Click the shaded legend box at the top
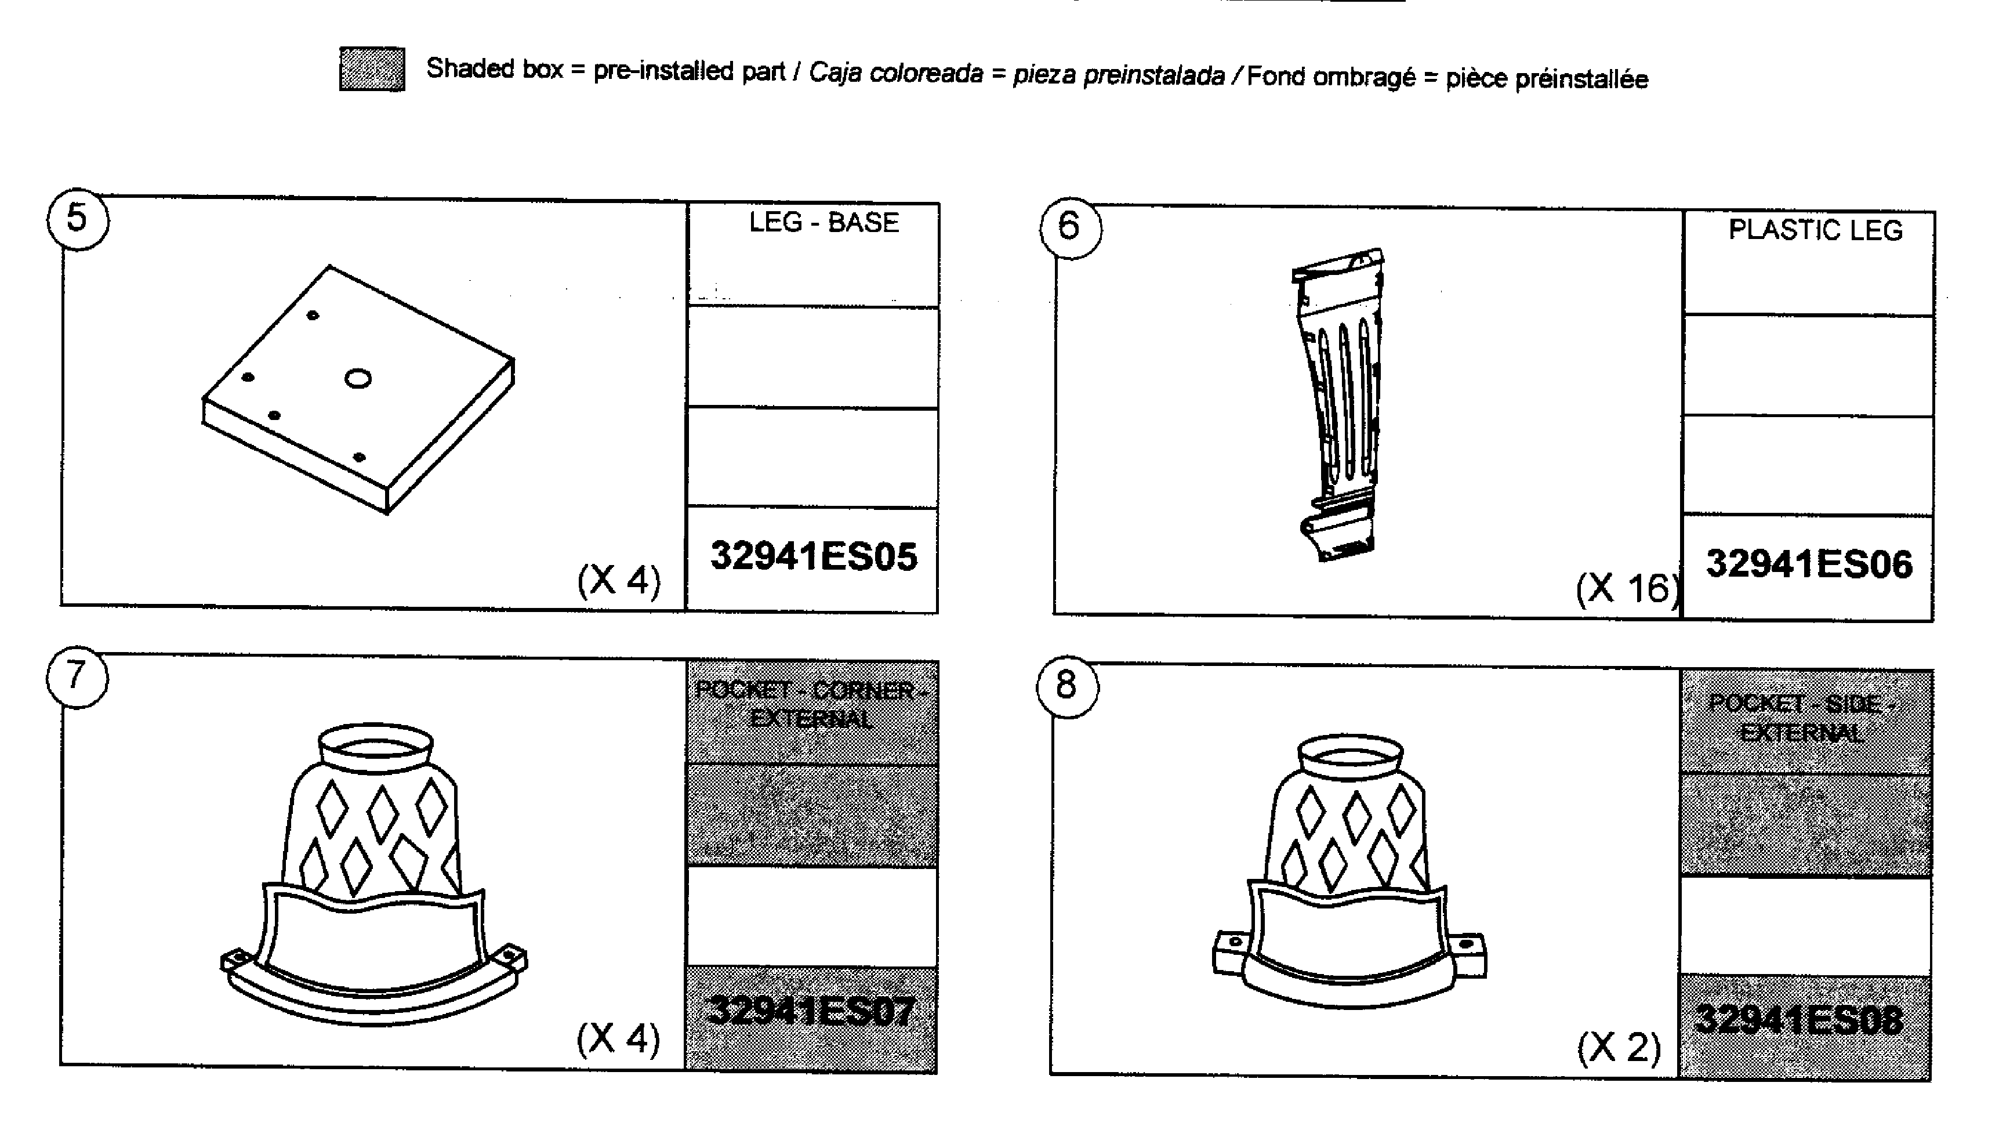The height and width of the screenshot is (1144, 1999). coord(372,69)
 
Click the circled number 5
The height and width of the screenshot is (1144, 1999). coord(77,219)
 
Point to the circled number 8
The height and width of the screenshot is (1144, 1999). coord(1066,685)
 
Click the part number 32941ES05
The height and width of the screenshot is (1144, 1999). coord(813,557)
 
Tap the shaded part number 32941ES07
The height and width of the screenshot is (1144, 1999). coord(811,1011)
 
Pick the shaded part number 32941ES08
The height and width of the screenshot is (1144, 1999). coord(1799,1020)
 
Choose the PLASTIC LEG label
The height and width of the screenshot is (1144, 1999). coord(1815,231)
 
